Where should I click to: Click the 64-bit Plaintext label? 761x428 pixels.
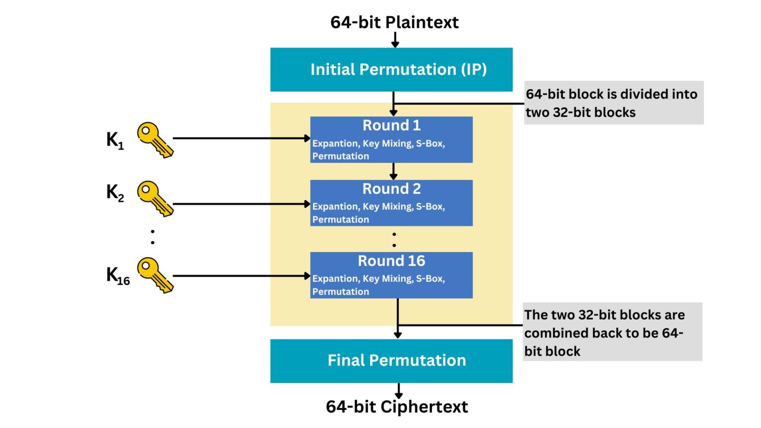[394, 22]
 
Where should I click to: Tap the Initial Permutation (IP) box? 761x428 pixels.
[391, 69]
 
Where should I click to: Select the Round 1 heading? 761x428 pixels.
[391, 125]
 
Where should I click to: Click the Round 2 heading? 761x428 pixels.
[391, 189]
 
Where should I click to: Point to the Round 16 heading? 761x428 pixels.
[391, 261]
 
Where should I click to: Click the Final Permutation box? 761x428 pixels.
[391, 361]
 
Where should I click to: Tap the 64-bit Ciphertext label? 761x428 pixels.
[396, 407]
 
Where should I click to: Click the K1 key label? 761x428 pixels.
[115, 140]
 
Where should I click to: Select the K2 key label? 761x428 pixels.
[115, 192]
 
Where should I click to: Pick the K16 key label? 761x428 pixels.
[118, 275]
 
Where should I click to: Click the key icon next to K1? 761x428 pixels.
[155, 140]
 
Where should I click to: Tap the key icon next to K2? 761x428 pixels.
[155, 198]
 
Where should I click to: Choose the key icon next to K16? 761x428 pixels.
[155, 275]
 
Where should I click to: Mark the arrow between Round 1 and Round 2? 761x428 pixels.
[393, 171]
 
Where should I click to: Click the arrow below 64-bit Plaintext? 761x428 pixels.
[395, 40]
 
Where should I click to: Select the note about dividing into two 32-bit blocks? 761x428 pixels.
[613, 103]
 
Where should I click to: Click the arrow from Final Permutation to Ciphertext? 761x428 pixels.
[398, 390]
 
